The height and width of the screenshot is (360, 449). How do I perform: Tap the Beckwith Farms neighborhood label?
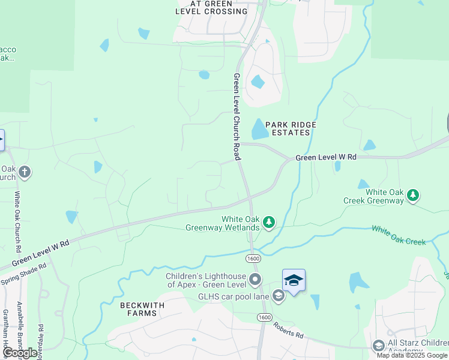(142, 310)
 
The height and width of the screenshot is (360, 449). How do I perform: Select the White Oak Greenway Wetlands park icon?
(270, 223)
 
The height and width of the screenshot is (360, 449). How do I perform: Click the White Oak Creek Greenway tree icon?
(412, 195)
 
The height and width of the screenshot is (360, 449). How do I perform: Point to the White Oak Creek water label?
(399, 235)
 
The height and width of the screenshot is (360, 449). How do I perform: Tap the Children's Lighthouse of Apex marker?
(256, 280)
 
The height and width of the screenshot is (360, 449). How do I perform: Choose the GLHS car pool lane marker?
(278, 295)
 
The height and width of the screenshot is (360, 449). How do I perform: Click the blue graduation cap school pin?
(294, 280)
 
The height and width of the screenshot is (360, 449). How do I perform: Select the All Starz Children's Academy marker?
(379, 346)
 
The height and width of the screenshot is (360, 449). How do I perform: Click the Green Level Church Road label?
(237, 116)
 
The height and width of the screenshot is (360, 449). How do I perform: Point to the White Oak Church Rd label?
(18, 221)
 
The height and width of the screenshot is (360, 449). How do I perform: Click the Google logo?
(20, 353)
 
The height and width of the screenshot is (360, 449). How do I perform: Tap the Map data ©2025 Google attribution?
(412, 355)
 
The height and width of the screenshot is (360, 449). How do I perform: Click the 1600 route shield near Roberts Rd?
(263, 317)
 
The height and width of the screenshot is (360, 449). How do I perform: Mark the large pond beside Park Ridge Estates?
(259, 128)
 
